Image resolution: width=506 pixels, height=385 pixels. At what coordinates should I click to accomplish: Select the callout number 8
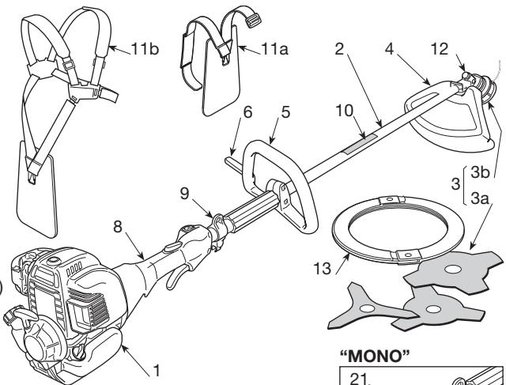click(120, 226)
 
